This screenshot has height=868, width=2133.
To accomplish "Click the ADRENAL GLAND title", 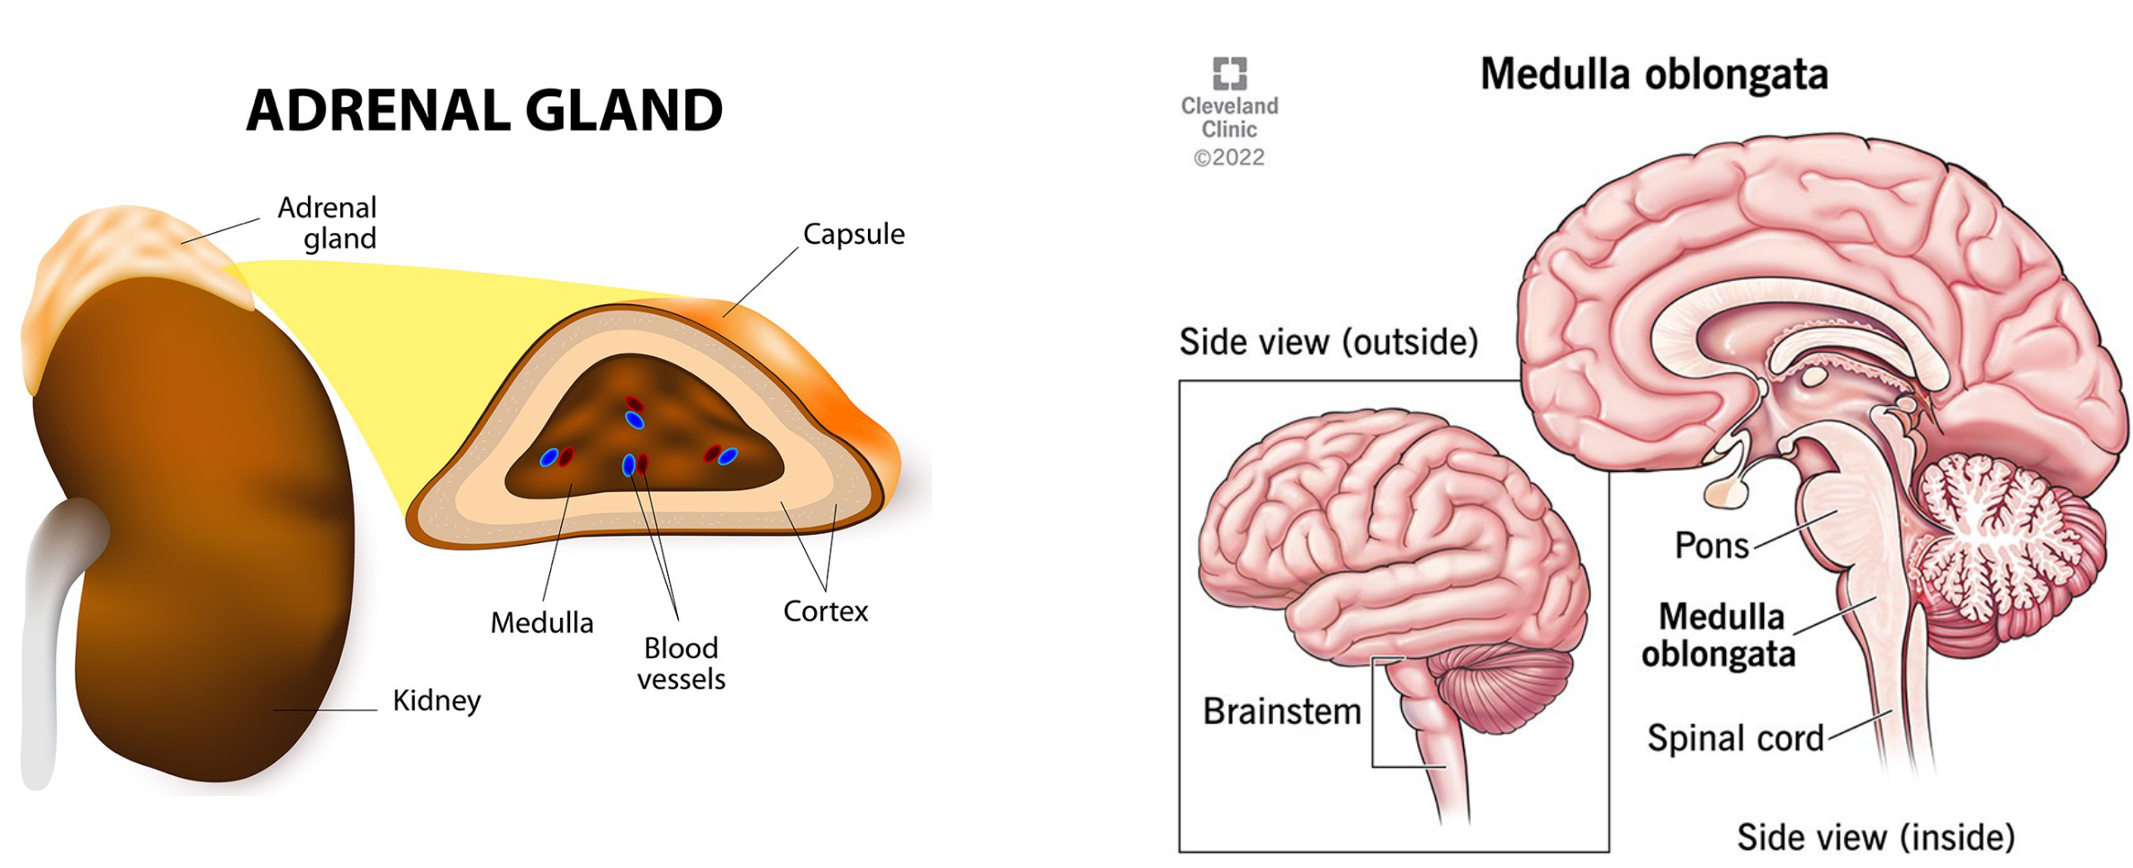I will pos(484,111).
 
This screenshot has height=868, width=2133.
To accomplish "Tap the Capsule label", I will pos(853,234).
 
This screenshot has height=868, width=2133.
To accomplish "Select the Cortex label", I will pos(825,611).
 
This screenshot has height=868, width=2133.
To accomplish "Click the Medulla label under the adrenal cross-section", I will pos(541,622).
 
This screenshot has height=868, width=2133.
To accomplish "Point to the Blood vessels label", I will pos(681,663).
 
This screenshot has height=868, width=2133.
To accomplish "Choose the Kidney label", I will pos(437,701).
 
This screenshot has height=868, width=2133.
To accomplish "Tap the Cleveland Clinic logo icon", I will pos(1229,73).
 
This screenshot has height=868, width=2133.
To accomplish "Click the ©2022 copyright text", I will pos(1229,158).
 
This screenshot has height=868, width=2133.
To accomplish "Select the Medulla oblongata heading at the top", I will pos(1653,74).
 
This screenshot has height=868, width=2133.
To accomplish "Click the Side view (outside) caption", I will pos(1328,342).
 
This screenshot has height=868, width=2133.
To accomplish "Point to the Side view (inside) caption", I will pos(1875,837).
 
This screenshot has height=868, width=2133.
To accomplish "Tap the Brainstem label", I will pos(1281,711).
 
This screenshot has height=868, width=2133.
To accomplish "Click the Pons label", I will pos(1711,546).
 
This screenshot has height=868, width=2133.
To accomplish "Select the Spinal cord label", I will pos(1735,738).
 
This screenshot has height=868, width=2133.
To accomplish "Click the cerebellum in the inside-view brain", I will pos(1999,540).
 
